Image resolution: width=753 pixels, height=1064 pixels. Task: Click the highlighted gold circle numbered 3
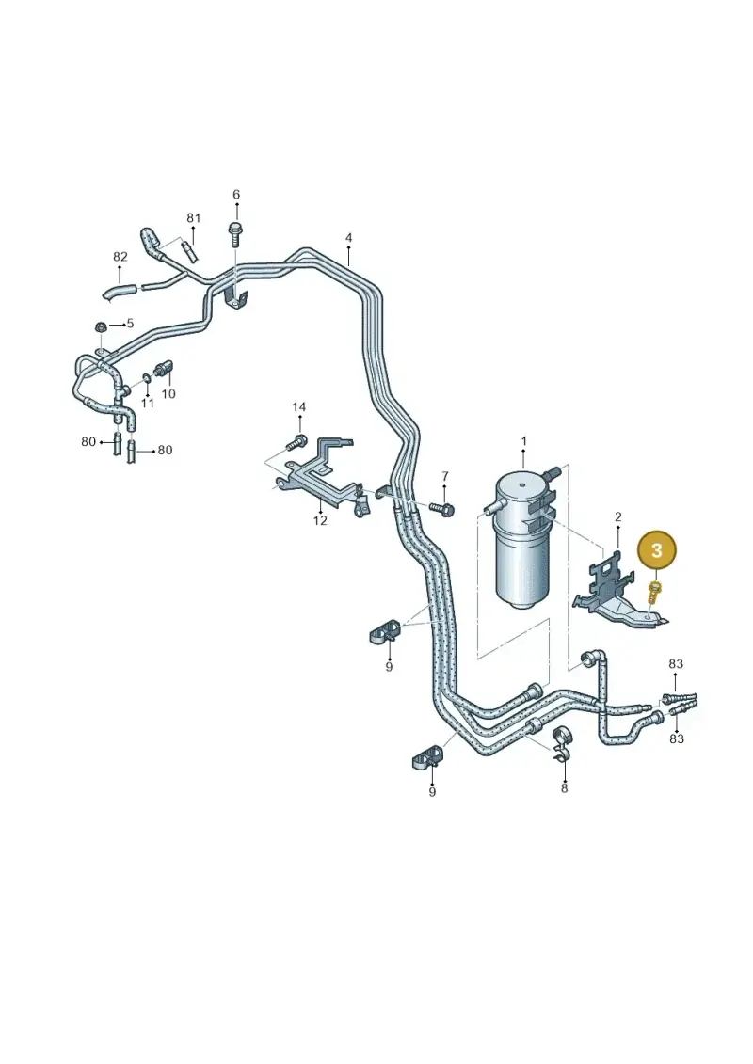657,549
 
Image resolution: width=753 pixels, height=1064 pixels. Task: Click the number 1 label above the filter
524,441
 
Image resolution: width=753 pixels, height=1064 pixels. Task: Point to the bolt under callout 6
235,233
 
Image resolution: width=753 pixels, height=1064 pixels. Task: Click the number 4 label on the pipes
348,238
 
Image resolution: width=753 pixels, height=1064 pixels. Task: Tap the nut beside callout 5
101,326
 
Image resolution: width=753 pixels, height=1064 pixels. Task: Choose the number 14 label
298,407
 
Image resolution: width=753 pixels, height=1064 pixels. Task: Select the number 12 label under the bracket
320,520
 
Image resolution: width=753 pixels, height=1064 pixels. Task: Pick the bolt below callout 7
441,508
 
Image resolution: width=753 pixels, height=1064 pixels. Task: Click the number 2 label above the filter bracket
617,517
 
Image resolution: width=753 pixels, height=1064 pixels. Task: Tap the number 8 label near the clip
564,787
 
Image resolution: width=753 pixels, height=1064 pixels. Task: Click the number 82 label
120,257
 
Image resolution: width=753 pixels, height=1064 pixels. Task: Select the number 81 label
194,218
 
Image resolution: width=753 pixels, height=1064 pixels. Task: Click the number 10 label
168,393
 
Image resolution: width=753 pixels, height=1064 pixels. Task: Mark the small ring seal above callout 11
147,376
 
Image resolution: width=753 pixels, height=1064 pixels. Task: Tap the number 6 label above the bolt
236,195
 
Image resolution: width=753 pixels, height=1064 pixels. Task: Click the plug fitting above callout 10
165,369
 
